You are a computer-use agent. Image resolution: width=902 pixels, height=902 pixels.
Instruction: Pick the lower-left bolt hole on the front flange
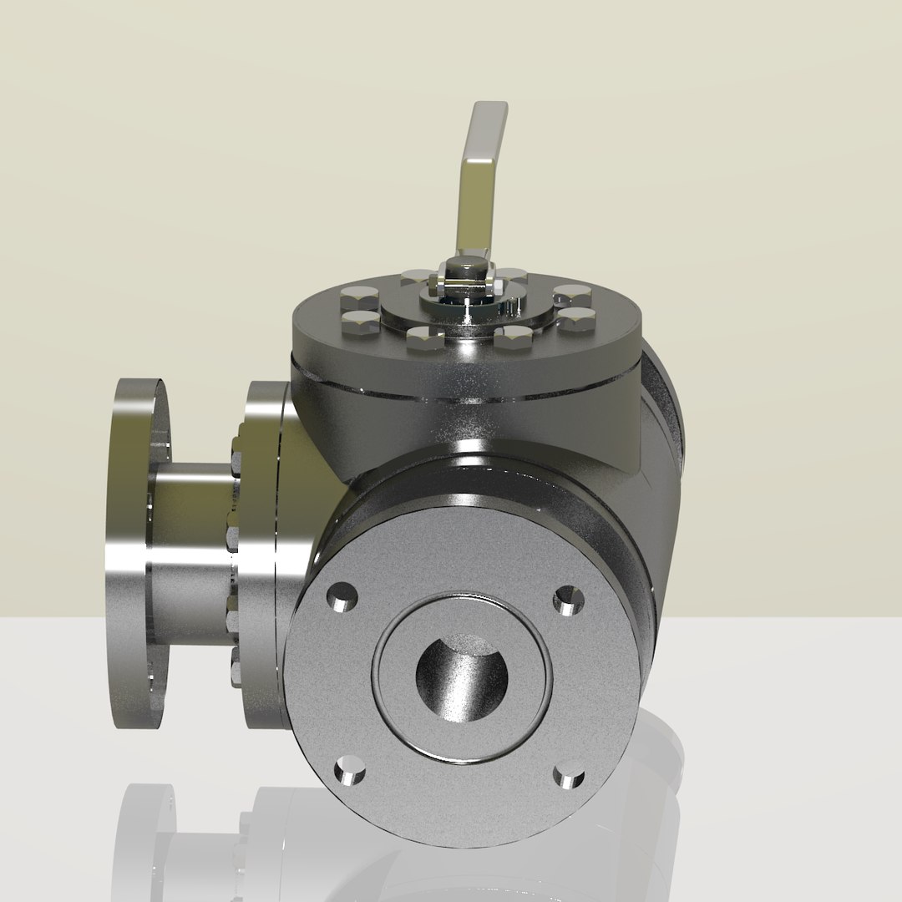pyautogui.click(x=349, y=770)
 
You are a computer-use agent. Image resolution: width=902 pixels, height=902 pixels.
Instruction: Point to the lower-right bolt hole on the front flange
pyautogui.click(x=569, y=777)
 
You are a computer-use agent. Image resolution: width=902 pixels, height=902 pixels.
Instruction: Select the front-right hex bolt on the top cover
pyautogui.click(x=513, y=337)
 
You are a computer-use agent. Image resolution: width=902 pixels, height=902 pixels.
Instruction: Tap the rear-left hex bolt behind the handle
pyautogui.click(x=415, y=276)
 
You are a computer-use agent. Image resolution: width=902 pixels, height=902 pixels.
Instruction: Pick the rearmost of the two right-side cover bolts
pyautogui.click(x=572, y=295)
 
